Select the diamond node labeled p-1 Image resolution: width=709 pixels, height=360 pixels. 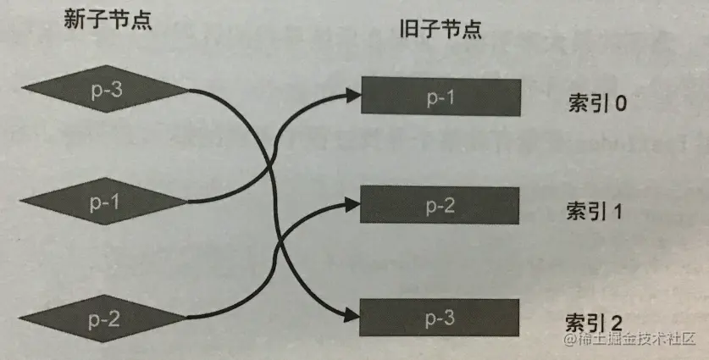coord(102,202)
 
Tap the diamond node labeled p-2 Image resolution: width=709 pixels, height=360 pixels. coord(102,318)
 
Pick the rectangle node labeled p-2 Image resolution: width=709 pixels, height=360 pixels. coord(440,204)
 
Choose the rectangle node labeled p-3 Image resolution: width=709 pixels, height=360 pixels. coord(440,317)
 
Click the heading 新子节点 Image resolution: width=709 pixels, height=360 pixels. coord(108,22)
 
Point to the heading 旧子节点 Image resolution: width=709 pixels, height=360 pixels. coord(440,31)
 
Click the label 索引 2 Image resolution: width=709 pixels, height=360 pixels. coord(594,323)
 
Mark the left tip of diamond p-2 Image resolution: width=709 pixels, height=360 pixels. coord(19,318)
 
